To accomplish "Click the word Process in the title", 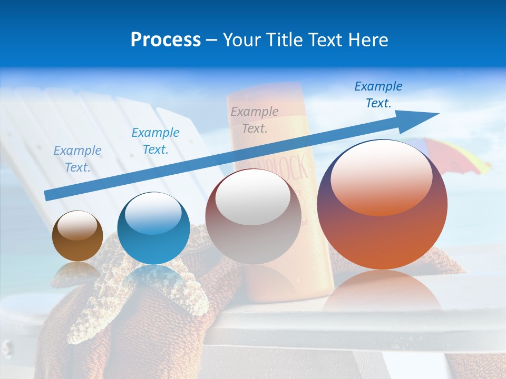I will (x=166, y=40).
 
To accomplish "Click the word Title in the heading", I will (x=283, y=40).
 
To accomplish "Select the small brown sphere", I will (x=77, y=236).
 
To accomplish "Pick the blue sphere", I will (x=153, y=228).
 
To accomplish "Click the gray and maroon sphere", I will (x=253, y=216).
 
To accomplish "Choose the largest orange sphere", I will (x=382, y=205).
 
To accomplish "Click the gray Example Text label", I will (x=255, y=119).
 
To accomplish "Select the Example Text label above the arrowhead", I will (x=378, y=95).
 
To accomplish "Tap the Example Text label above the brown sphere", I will (x=77, y=158).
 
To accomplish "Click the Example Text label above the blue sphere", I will (x=155, y=141).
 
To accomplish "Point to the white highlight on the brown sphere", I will (x=77, y=225).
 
